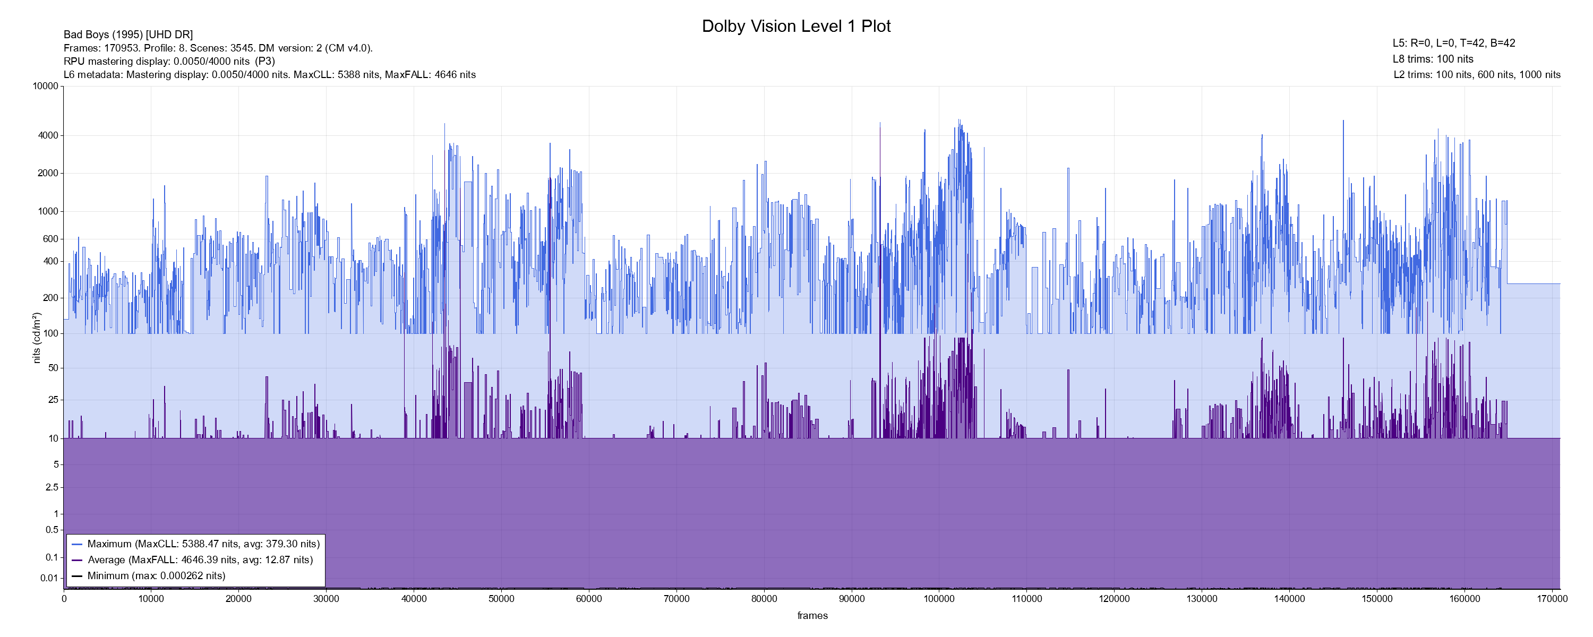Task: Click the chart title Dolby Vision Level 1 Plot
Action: coord(796,26)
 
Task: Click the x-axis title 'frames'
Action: coord(812,615)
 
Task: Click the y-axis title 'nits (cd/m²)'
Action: coord(37,338)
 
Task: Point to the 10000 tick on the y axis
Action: coord(45,86)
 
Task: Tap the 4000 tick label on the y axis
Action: coord(48,135)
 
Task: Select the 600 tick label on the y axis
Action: coord(50,239)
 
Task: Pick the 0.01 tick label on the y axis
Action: coord(49,578)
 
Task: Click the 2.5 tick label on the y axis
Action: coord(52,487)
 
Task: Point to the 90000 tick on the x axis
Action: coord(852,599)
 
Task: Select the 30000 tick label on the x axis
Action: coord(326,599)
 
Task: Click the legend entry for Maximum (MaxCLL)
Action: coord(203,544)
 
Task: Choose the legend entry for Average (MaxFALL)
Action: coord(200,559)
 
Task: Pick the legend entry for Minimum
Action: coord(156,576)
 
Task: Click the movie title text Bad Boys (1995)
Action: coord(128,35)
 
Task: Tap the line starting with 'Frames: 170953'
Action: coord(218,48)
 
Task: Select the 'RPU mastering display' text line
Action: coord(169,61)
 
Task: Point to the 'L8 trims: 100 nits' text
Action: coord(1433,59)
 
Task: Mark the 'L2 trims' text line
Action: coord(1477,75)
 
